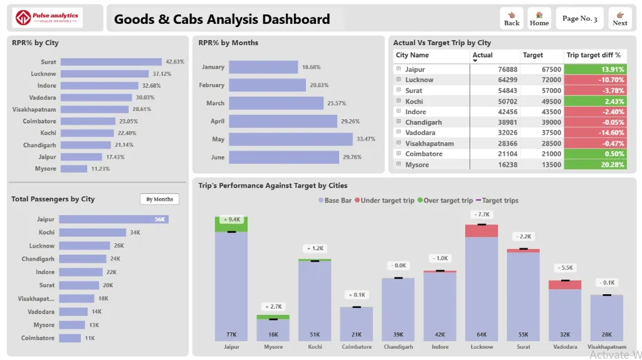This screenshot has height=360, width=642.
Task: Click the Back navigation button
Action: pos(512,18)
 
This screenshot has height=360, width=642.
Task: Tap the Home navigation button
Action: pos(539,18)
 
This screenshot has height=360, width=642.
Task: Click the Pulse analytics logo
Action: pos(48,18)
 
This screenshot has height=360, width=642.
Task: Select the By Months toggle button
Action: pos(159,199)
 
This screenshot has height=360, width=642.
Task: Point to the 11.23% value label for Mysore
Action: pos(100,169)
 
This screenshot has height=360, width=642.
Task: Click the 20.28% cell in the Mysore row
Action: pos(595,165)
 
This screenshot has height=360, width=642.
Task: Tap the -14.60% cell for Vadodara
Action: pos(595,133)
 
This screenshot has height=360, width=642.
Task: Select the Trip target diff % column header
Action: pos(594,55)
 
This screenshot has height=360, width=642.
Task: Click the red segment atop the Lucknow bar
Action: pos(481,231)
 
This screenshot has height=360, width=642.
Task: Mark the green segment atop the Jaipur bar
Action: pos(231,224)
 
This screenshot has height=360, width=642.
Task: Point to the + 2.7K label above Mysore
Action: pos(273,307)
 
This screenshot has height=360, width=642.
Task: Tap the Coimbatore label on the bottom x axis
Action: pos(356,347)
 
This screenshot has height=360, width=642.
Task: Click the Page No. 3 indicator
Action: pos(580,18)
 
